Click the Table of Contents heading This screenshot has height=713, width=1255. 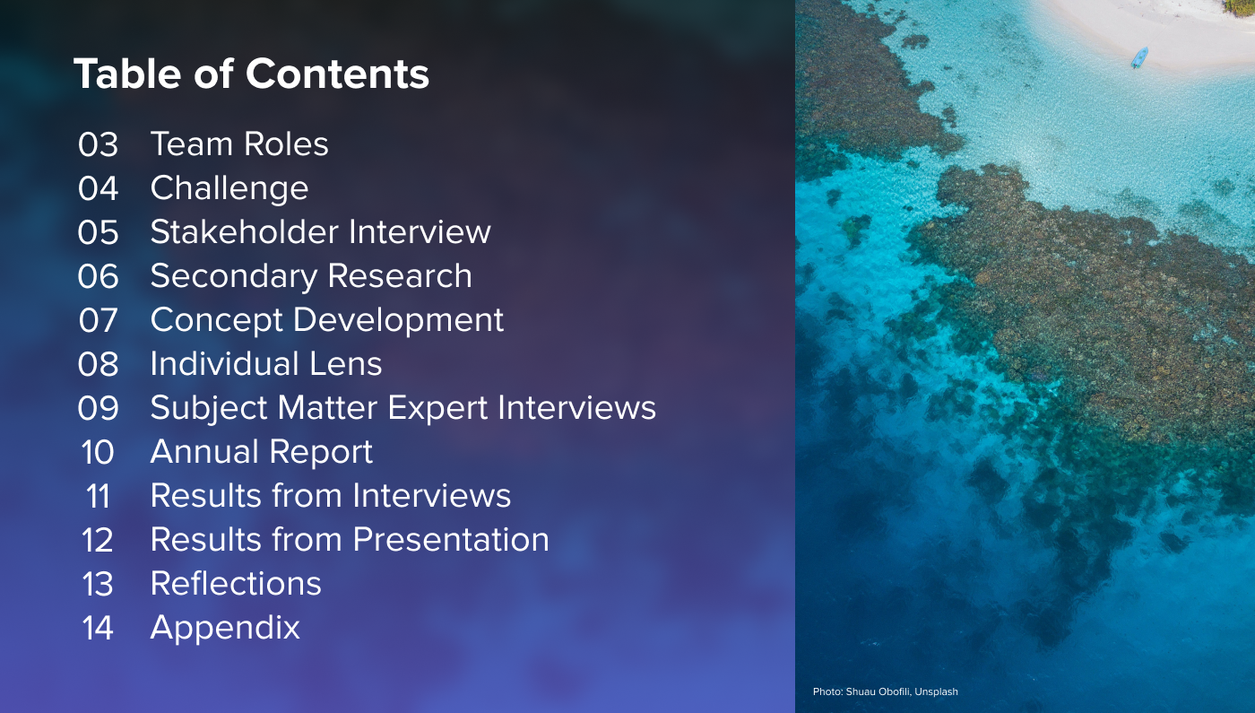(x=251, y=74)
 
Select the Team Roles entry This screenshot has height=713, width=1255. (x=239, y=144)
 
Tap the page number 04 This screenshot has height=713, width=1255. (x=98, y=188)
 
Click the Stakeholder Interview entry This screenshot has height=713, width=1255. (x=320, y=232)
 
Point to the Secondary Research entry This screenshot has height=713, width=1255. (x=311, y=276)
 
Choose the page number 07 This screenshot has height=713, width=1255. (x=98, y=320)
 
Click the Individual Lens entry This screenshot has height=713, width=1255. (x=266, y=364)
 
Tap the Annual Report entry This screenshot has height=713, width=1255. (x=261, y=452)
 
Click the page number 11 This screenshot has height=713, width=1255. (x=98, y=496)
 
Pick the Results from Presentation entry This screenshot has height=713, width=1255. (x=350, y=540)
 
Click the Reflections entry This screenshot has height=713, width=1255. (x=236, y=584)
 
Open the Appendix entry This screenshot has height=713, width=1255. (x=225, y=628)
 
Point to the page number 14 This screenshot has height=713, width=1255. (x=98, y=628)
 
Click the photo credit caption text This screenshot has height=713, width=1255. (x=885, y=691)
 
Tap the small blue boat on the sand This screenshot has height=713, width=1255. (x=1139, y=57)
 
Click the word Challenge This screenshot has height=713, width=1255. (x=229, y=188)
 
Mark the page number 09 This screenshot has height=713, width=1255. (x=98, y=408)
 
